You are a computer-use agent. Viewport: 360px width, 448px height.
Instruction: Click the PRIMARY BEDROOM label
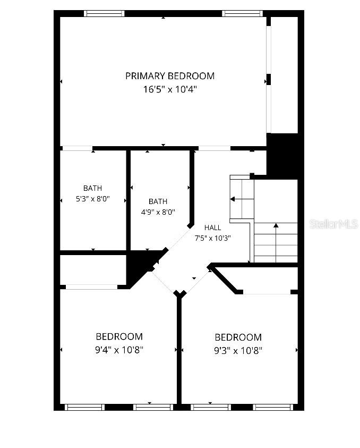pyautogui.click(x=170, y=76)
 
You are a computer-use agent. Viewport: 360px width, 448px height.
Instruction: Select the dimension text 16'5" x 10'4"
pyautogui.click(x=170, y=89)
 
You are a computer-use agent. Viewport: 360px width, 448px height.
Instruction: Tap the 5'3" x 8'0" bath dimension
pyautogui.click(x=93, y=199)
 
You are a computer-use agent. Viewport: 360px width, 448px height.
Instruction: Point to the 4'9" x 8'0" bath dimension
pyautogui.click(x=158, y=212)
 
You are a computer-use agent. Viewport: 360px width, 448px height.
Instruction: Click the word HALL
pyautogui.click(x=213, y=227)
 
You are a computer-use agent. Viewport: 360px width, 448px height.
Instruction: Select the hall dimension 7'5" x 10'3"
pyautogui.click(x=213, y=238)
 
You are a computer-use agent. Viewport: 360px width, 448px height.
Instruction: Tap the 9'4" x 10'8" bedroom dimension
pyautogui.click(x=119, y=350)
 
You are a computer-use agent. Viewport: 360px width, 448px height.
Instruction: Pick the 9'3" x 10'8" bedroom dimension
pyautogui.click(x=238, y=351)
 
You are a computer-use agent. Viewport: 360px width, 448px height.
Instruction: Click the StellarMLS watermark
pyautogui.click(x=333, y=224)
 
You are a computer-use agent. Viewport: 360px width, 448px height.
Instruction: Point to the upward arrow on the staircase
pyautogui.click(x=276, y=243)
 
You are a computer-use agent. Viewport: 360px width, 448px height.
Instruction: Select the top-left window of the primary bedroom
pyautogui.click(x=104, y=13)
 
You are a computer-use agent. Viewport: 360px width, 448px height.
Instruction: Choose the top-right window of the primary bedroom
pyautogui.click(x=242, y=13)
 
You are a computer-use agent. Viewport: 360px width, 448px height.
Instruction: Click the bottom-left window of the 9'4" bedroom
pyautogui.click(x=84, y=407)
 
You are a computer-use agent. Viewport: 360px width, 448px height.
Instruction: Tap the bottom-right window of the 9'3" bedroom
pyautogui.click(x=273, y=407)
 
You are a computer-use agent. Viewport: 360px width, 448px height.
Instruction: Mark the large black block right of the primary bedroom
pyautogui.click(x=284, y=156)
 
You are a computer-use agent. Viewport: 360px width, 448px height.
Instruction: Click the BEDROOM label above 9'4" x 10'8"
pyautogui.click(x=119, y=336)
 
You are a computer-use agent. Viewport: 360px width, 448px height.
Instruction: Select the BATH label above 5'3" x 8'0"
pyautogui.click(x=92, y=188)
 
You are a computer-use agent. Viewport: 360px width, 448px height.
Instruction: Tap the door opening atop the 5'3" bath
pyautogui.click(x=77, y=148)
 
